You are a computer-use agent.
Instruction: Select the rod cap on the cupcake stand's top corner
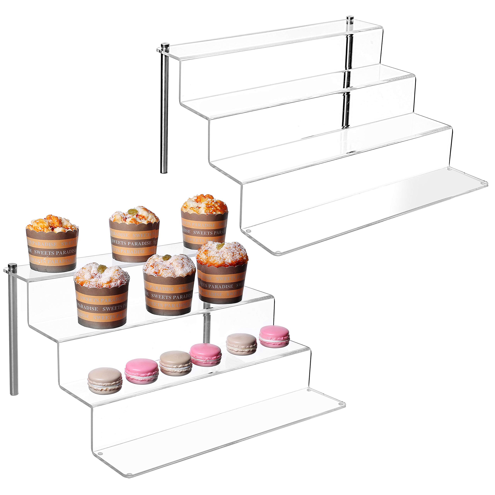[12, 267]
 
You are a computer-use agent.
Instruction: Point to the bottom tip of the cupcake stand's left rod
[14, 393]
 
